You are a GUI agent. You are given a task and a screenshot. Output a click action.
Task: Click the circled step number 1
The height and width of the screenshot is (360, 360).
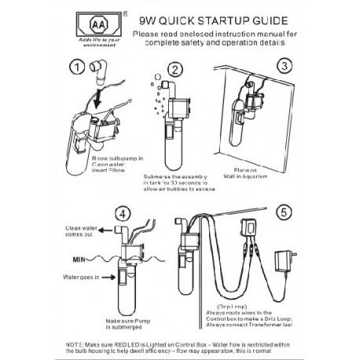tap(75, 68)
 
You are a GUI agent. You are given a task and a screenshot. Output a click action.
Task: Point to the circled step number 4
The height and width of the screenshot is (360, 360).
tap(120, 213)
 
